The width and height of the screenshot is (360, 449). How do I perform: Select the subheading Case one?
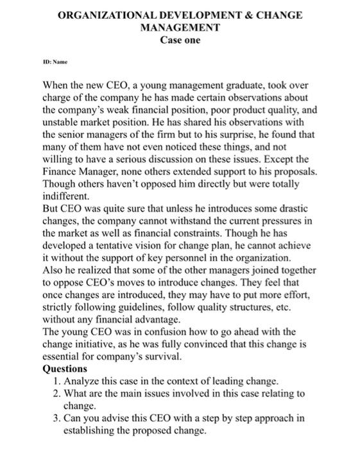[180, 40]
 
